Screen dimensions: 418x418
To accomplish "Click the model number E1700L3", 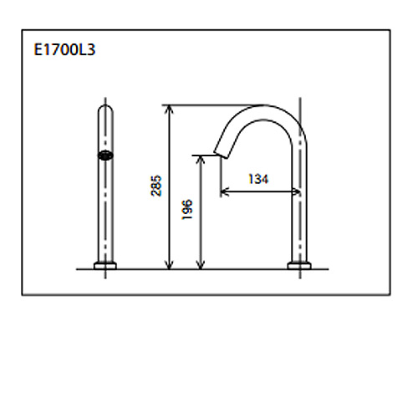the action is click(x=64, y=50).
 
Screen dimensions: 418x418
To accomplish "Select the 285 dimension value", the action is click(x=155, y=186).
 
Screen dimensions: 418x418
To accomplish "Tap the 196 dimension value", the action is click(x=187, y=209).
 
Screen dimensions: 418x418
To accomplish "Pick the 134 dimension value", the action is click(x=258, y=179).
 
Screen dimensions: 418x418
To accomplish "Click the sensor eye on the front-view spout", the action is click(x=105, y=155).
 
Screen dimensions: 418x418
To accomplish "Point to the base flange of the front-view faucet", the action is click(x=105, y=266).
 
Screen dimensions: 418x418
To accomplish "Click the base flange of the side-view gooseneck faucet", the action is click(x=299, y=266).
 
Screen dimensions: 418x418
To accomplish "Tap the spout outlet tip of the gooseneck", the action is click(x=221, y=155).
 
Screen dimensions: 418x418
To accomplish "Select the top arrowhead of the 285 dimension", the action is click(x=169, y=110).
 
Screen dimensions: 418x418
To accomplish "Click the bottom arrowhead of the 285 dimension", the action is click(x=169, y=265).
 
